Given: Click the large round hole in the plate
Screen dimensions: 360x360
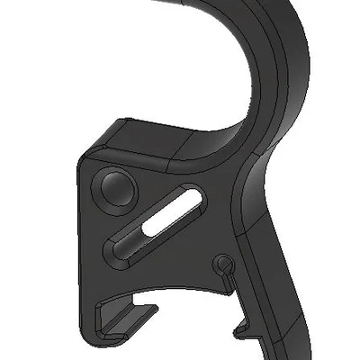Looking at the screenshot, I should [x=115, y=188].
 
